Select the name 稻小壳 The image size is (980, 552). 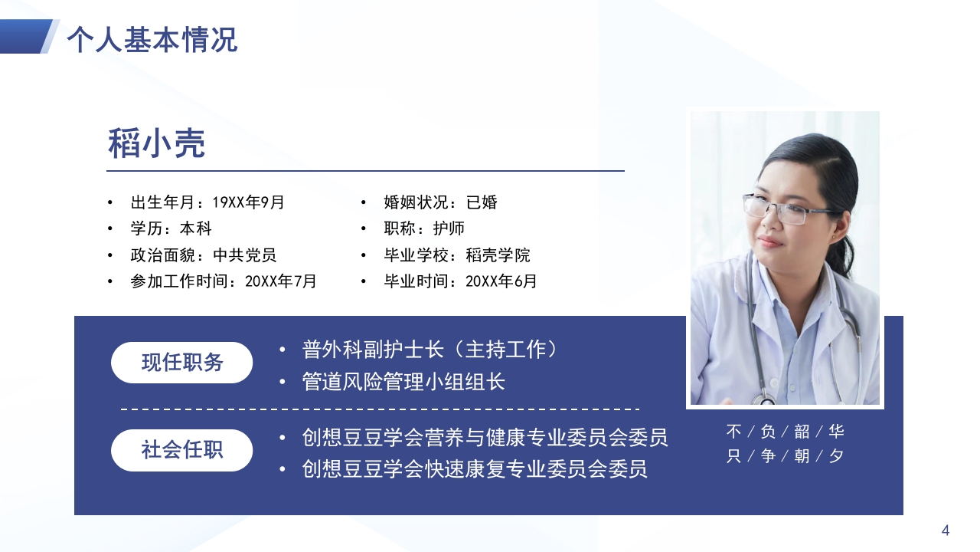pyautogui.click(x=157, y=143)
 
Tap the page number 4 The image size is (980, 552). pyautogui.click(x=946, y=531)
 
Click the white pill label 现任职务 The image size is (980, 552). pyautogui.click(x=182, y=363)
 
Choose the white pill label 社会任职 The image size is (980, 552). pyautogui.click(x=182, y=450)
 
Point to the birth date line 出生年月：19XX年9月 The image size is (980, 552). pyautogui.click(x=207, y=202)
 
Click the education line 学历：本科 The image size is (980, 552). pyautogui.click(x=171, y=228)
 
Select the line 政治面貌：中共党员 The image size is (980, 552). pyautogui.click(x=203, y=255)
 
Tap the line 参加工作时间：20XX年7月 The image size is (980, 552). pyautogui.click(x=223, y=281)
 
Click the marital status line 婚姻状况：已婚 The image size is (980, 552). pyautogui.click(x=440, y=202)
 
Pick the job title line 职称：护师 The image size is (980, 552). pyautogui.click(x=423, y=228)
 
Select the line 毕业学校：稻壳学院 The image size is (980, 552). pyautogui.click(x=456, y=255)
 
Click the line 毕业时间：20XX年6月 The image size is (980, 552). pyautogui.click(x=460, y=281)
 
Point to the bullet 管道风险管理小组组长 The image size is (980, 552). pyautogui.click(x=403, y=382)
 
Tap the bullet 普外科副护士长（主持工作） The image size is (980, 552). pyautogui.click(x=430, y=350)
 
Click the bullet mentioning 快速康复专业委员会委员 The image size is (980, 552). pyautogui.click(x=475, y=468)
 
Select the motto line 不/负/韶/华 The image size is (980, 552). pyautogui.click(x=785, y=432)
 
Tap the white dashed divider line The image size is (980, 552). pyautogui.click(x=380, y=409)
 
